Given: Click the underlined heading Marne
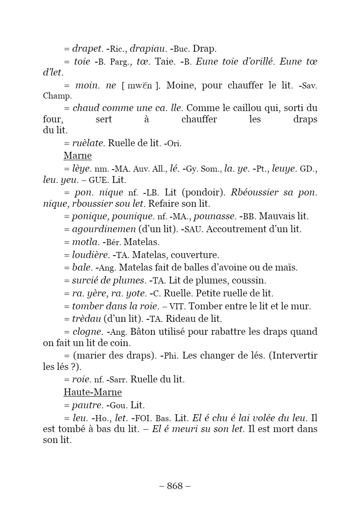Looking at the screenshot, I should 77,155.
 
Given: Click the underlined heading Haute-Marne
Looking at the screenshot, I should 92,392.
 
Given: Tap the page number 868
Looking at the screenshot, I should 175,486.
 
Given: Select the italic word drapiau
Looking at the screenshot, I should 148,49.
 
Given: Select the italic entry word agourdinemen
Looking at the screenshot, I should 104,229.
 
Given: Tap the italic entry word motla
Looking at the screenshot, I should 86,242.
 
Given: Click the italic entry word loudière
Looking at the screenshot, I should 91,255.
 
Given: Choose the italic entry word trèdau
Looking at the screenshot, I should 86,319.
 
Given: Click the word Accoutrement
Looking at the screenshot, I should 241,229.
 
